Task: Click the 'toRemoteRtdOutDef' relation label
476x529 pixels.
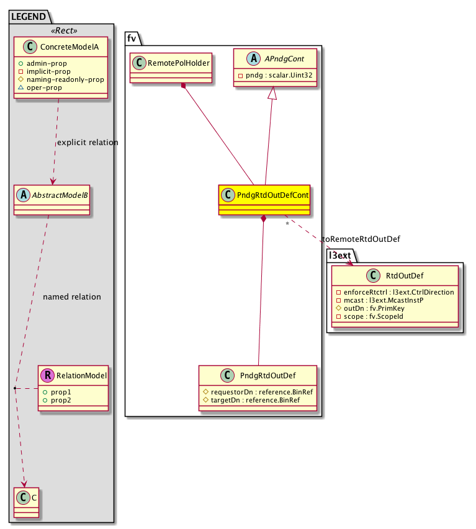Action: [361, 238]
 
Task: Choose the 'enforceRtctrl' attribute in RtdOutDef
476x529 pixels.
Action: [395, 291]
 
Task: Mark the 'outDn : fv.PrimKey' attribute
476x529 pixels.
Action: [373, 308]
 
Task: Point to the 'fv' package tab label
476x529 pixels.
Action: [132, 37]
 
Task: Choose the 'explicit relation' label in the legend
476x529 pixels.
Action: [88, 143]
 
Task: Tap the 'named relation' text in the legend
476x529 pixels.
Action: [72, 297]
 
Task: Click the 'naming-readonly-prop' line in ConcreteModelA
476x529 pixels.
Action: [65, 79]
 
